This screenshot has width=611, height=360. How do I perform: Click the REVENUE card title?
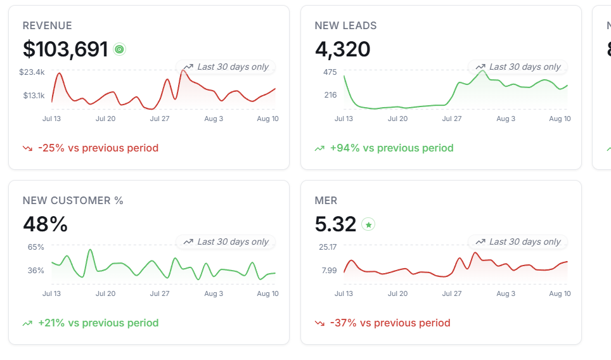click(x=47, y=26)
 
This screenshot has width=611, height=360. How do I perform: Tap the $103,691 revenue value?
click(x=65, y=49)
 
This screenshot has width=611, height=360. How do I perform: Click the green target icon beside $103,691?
click(x=120, y=49)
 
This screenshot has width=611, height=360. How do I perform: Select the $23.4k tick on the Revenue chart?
click(x=32, y=72)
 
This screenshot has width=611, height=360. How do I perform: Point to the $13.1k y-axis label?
click(x=34, y=96)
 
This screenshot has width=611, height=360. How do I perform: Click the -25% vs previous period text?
click(x=98, y=148)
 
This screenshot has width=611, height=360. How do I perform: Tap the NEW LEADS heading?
click(x=345, y=26)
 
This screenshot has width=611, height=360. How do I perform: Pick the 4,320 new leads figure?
click(x=342, y=49)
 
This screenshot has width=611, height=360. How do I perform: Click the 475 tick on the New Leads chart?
click(x=330, y=72)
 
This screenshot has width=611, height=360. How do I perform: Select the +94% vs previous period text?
click(x=392, y=148)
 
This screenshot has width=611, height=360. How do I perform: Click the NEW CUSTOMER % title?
click(x=73, y=201)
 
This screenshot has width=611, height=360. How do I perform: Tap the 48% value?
click(x=45, y=224)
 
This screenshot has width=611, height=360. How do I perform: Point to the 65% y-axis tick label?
click(x=36, y=247)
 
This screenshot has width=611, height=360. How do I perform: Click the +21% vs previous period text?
click(x=98, y=323)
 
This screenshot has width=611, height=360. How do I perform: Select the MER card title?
click(x=326, y=201)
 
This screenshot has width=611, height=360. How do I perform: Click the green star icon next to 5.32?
click(x=368, y=224)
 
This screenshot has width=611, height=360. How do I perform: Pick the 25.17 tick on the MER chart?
click(x=328, y=247)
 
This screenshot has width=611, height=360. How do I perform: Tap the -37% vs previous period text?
click(x=390, y=323)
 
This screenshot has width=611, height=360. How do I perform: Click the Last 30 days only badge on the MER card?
click(x=517, y=242)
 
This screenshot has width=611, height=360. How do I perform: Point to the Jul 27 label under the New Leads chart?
click(x=452, y=119)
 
